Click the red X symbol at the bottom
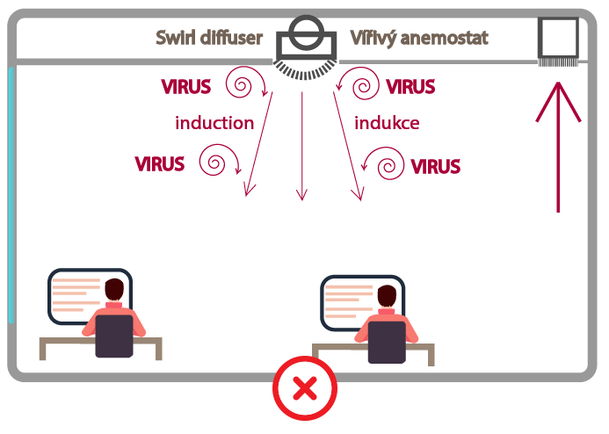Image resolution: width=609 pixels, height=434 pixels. click(304, 387)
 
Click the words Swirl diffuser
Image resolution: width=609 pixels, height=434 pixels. click(209, 38)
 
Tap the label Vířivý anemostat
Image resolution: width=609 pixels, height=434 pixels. click(419, 38)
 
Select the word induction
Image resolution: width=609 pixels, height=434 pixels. click(214, 123)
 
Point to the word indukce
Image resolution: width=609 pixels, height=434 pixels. click(387, 123)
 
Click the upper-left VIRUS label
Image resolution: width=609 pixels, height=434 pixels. click(186, 87)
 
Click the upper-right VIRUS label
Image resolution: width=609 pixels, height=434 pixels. click(411, 87)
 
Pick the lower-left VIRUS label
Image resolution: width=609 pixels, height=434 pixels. click(160, 163)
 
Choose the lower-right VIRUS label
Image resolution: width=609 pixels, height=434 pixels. click(436, 165)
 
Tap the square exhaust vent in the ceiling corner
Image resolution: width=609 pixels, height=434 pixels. click(558, 40)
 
